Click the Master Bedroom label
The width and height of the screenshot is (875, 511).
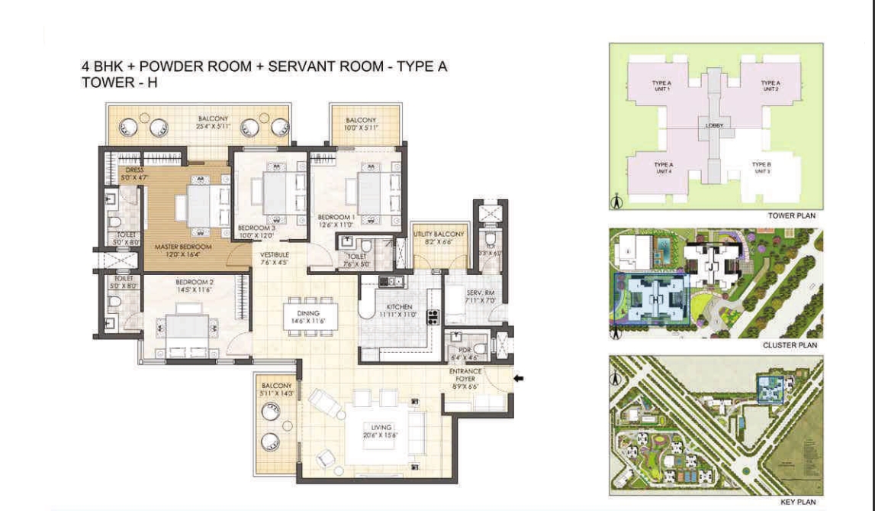(178, 247)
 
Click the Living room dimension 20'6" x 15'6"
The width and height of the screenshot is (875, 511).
(381, 435)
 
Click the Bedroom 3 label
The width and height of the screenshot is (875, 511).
(256, 228)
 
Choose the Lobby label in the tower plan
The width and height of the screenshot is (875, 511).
(714, 125)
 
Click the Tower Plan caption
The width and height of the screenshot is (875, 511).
(791, 216)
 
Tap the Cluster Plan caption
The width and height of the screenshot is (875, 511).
(790, 345)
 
